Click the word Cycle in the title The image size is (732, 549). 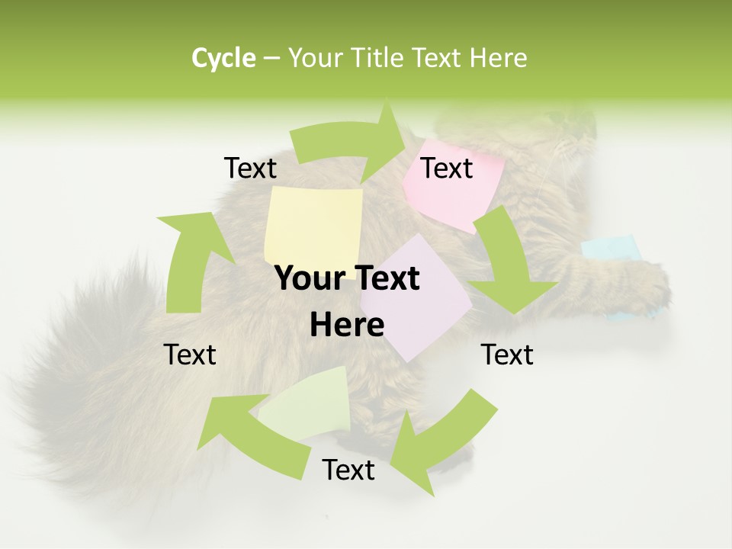coord(223,57)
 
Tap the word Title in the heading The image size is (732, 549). coord(379,57)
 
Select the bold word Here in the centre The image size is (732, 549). coord(347,326)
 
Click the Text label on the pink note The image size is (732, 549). coord(447,168)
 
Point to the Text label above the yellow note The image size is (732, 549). coord(250,168)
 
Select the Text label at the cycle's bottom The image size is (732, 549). coord(348,470)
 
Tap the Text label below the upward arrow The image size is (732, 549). coord(190,355)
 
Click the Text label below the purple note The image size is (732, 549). coord(507,355)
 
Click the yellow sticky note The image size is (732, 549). coord(313,225)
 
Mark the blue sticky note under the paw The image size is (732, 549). coord(610,248)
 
